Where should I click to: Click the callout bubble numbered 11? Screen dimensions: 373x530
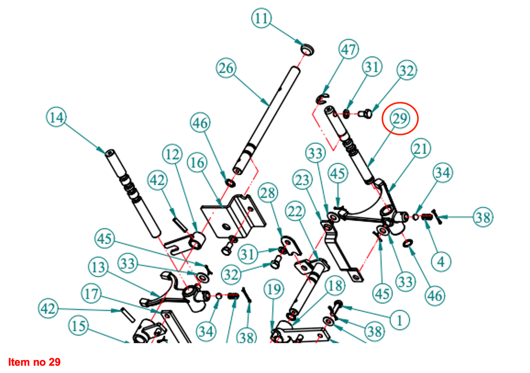(x=262, y=18)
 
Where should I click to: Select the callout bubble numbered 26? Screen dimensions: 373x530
(x=226, y=68)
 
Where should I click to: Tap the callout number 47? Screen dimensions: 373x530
(x=348, y=49)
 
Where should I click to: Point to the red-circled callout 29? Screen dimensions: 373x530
(x=400, y=119)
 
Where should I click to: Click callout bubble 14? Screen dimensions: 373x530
(x=56, y=117)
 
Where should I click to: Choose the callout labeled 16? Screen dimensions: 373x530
(x=197, y=163)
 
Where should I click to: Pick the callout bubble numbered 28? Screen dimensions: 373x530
(x=268, y=193)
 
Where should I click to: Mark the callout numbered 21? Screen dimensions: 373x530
(x=421, y=149)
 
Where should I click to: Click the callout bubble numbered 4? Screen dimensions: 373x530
(x=441, y=262)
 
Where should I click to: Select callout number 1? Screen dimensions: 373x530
(x=399, y=320)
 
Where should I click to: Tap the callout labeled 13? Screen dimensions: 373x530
(x=98, y=267)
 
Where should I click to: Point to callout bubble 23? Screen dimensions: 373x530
(x=303, y=180)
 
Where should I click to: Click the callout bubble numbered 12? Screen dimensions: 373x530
(x=172, y=155)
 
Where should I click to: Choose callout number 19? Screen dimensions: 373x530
(x=274, y=290)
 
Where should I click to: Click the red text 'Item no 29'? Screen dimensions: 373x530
(x=34, y=362)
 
